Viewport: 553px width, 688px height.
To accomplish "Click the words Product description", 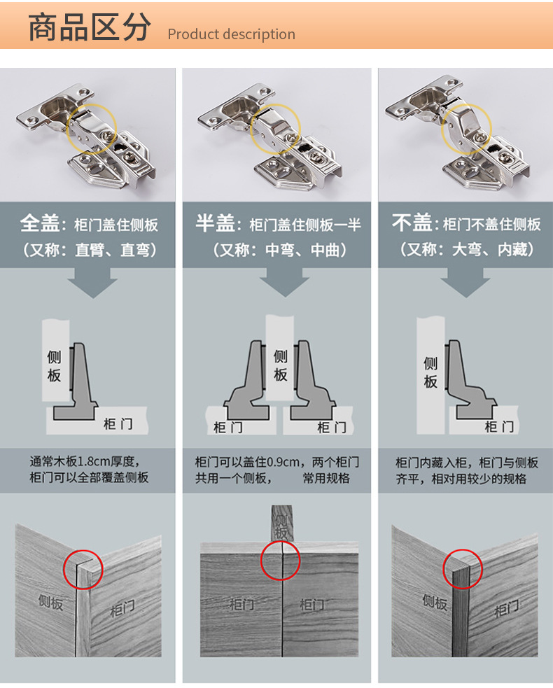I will point(231,34).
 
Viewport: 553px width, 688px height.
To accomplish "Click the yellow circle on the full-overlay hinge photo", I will point(92,129).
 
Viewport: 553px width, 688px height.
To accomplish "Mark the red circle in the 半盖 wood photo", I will point(281,561).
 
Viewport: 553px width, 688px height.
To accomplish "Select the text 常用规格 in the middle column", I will point(326,479).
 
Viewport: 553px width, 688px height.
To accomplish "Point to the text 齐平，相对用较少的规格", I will point(461,479).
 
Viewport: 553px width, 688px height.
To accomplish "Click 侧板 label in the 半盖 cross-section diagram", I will point(281,365).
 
